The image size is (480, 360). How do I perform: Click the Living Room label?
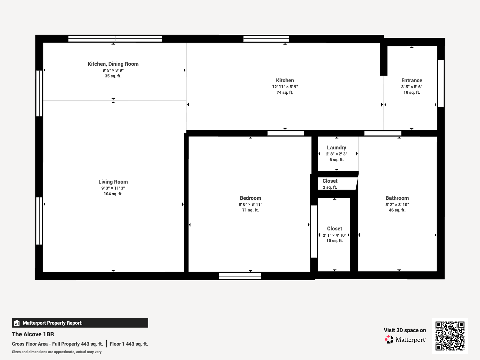click(x=113, y=182)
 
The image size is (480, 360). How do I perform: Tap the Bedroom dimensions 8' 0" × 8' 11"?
click(x=250, y=204)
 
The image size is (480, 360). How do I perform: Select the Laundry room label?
click(x=337, y=148)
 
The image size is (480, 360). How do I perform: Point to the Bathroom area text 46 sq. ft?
click(x=397, y=210)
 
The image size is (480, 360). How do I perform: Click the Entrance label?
click(x=412, y=80)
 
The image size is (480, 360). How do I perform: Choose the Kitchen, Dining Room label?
click(x=113, y=64)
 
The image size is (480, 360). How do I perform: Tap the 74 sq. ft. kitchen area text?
click(x=285, y=92)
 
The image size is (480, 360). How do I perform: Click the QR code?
click(x=450, y=336)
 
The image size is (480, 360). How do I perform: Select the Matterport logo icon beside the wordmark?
click(x=389, y=339)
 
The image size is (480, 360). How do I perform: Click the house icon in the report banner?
click(x=17, y=323)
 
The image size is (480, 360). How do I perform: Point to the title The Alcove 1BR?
click(x=33, y=334)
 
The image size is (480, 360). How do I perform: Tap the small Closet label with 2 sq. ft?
click(x=330, y=181)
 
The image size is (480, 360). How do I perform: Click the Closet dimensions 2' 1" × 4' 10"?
click(x=335, y=235)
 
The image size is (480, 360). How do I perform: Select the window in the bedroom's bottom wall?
click(x=240, y=276)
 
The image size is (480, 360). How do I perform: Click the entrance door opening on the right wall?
click(x=441, y=83)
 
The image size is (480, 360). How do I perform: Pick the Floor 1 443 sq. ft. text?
click(x=129, y=344)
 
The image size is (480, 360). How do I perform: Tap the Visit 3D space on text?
click(x=405, y=330)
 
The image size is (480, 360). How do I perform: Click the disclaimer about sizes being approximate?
click(x=57, y=352)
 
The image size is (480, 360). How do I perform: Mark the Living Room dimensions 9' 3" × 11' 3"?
click(x=113, y=188)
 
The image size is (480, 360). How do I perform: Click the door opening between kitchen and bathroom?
click(x=383, y=133)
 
